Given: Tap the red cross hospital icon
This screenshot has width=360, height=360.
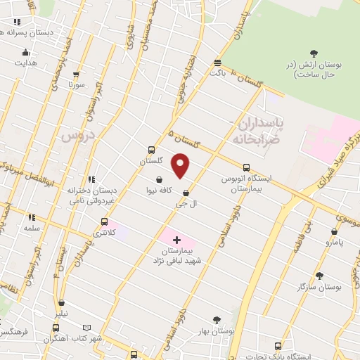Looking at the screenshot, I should click(x=176, y=240).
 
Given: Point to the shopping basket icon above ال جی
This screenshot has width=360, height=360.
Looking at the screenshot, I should click(x=185, y=192).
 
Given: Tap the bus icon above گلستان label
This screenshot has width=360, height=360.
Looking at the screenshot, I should click(x=151, y=150).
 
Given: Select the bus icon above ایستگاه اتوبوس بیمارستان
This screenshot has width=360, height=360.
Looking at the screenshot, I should click(x=246, y=167).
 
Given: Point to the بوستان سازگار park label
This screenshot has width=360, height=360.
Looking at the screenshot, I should click(x=320, y=289).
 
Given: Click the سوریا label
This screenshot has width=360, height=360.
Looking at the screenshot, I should click(x=77, y=85).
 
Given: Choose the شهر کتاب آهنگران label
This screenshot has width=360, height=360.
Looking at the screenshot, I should click(x=86, y=339).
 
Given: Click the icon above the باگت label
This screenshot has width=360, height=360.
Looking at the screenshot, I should click(x=218, y=60).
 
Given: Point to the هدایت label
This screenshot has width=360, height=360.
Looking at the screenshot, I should click(x=25, y=62).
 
